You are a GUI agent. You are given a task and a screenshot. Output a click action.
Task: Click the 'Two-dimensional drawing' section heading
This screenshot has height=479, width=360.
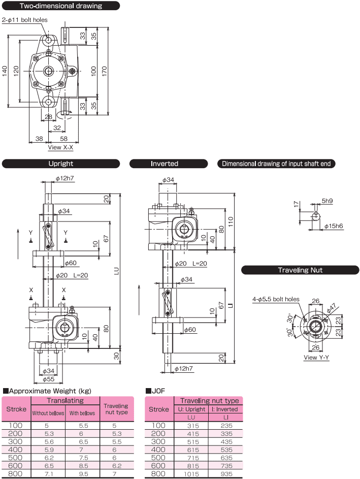[61, 6]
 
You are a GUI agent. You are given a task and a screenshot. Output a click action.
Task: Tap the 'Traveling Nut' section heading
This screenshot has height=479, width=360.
[300, 270]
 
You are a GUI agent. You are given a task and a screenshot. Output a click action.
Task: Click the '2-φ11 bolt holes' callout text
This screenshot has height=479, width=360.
[24, 20]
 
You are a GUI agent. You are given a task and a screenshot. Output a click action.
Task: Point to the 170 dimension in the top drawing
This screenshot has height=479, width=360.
[105, 72]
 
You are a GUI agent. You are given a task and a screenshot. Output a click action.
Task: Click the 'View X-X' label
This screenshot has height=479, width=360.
[60, 148]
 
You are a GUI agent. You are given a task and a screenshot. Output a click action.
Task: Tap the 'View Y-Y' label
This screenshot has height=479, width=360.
[316, 357]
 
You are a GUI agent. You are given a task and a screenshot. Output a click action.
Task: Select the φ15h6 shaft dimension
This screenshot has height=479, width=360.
[333, 226]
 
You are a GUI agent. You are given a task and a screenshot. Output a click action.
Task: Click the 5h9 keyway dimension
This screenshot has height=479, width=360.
[327, 201]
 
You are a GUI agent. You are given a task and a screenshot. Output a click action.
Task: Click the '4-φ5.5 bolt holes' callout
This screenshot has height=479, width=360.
[276, 299]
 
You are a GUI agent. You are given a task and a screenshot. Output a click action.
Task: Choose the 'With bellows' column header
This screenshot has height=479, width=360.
[82, 413]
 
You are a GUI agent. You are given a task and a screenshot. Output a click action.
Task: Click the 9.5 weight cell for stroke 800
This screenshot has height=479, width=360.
[82, 473]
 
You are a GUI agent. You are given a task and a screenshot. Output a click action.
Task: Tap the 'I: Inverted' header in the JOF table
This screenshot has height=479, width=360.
[225, 409]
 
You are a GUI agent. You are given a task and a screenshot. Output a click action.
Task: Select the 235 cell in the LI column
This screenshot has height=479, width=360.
[225, 425]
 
